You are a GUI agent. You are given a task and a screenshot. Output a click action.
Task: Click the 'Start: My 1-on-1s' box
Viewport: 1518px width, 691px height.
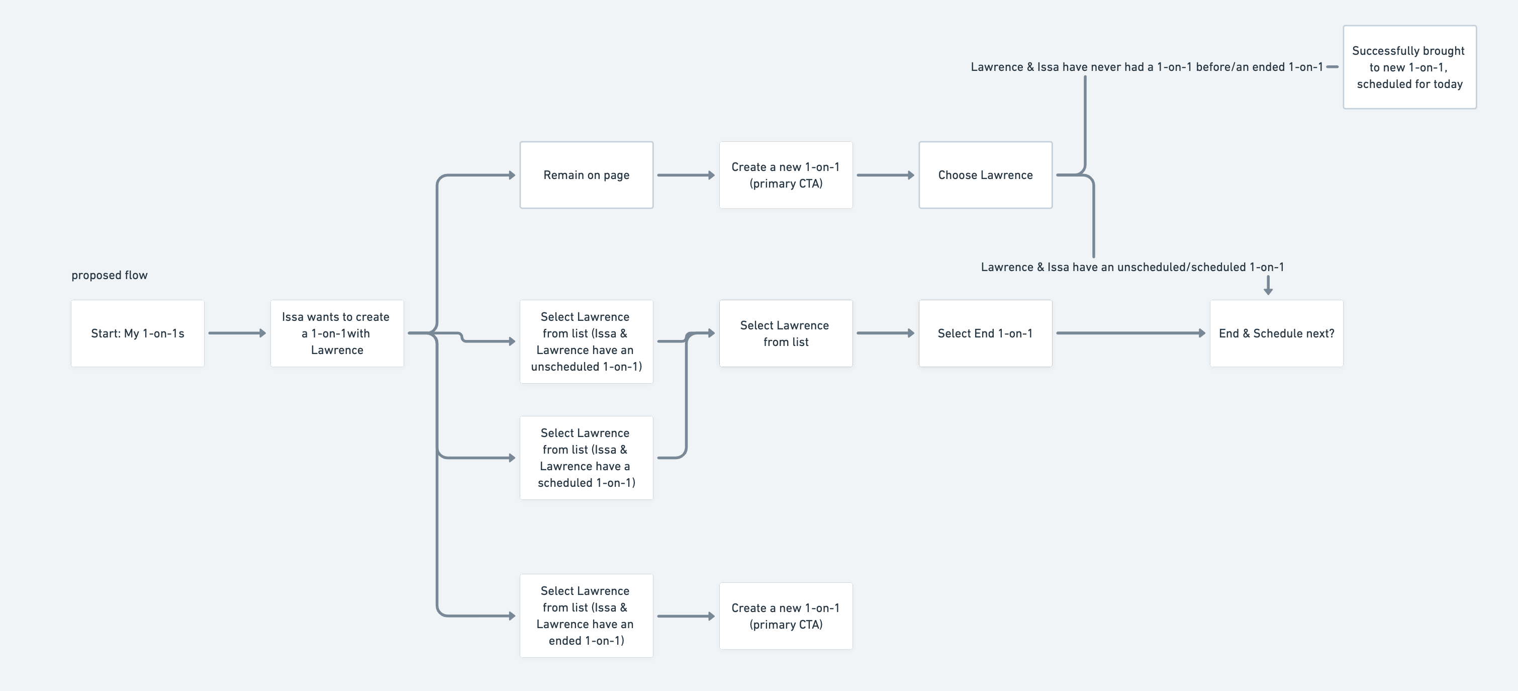pos(137,333)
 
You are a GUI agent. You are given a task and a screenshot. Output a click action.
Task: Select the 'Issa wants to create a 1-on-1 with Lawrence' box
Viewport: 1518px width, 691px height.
pos(336,333)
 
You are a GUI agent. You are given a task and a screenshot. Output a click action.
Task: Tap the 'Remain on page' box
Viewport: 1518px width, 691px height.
pos(586,175)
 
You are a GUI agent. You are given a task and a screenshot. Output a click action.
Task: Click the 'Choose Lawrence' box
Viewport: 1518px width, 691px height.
pos(985,175)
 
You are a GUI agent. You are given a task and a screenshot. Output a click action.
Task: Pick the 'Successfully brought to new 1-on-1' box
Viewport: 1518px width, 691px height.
pos(1409,67)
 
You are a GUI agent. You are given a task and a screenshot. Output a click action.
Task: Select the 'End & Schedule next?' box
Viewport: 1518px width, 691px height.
pos(1276,333)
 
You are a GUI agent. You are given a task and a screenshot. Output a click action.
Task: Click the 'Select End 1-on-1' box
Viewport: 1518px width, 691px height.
pos(985,333)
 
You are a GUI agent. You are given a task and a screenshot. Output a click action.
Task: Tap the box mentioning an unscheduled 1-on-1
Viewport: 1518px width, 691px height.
pos(586,341)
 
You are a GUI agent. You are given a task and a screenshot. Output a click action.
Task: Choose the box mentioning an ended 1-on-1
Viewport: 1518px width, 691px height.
pos(586,616)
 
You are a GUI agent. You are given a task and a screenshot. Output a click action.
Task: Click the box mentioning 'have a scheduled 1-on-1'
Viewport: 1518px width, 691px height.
pos(586,458)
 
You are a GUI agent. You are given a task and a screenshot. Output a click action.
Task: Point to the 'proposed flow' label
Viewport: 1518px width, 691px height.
pos(110,275)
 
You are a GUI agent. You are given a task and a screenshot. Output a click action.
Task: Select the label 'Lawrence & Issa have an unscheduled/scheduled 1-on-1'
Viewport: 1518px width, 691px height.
pos(1132,267)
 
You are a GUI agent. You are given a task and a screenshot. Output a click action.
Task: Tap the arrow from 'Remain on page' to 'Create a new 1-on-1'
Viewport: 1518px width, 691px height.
pos(685,175)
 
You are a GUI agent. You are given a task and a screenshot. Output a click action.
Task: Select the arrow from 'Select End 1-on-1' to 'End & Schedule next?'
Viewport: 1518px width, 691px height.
pos(1129,333)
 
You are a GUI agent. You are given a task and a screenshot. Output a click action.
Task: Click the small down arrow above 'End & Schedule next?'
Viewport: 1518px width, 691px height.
pos(1268,286)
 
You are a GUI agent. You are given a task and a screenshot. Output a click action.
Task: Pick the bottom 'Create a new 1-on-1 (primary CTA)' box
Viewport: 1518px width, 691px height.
pos(785,616)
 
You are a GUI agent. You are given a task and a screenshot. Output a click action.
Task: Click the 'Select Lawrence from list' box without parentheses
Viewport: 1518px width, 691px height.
pos(785,333)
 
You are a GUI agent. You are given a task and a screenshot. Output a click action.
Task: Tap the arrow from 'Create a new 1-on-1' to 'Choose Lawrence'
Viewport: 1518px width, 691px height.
pos(885,175)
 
